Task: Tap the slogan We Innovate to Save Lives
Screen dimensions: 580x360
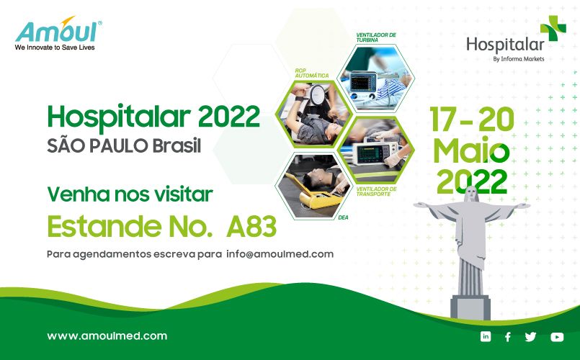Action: click(x=55, y=48)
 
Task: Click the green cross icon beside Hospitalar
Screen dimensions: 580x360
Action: click(x=553, y=28)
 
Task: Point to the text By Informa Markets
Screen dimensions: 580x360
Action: click(x=519, y=59)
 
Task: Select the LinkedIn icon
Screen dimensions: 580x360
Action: click(x=486, y=336)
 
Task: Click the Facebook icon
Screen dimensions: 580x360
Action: click(x=508, y=337)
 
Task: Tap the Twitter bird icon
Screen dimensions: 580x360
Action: click(x=530, y=337)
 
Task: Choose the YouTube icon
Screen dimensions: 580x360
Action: click(x=557, y=337)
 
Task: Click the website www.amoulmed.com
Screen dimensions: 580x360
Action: click(x=107, y=336)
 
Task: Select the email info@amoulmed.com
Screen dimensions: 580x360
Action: click(x=280, y=254)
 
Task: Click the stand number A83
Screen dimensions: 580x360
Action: click(x=251, y=226)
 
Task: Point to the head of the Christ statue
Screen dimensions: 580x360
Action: click(x=471, y=193)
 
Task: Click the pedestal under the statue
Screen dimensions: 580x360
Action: click(x=470, y=307)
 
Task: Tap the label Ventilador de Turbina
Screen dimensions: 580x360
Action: click(x=376, y=37)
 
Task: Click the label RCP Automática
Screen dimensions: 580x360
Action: click(x=312, y=73)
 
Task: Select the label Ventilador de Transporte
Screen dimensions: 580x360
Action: click(x=377, y=192)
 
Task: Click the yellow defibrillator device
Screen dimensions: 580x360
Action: click(x=319, y=195)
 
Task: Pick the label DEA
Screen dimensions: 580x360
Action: click(x=343, y=217)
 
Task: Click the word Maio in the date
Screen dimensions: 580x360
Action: click(x=471, y=150)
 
